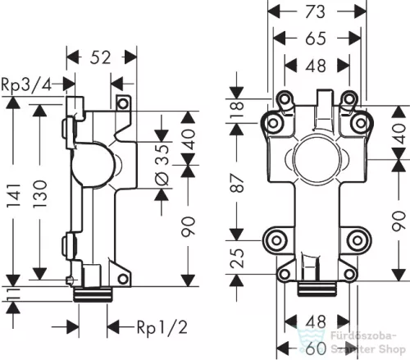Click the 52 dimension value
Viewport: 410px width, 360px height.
point(101,57)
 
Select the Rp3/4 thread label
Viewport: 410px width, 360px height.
point(26,84)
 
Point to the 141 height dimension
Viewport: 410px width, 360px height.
point(14,195)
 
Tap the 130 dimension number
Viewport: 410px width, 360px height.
point(40,194)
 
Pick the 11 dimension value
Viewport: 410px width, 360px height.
point(13,294)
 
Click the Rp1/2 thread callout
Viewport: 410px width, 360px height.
point(162,327)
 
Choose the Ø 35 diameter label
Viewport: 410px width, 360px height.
point(163,165)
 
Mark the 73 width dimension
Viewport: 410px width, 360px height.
point(315,12)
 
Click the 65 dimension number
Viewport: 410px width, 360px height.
point(316,39)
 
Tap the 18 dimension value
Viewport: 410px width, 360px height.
point(237,109)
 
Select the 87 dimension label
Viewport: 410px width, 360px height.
point(237,183)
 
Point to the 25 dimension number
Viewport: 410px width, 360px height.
point(237,257)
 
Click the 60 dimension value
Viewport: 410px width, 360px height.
point(316,349)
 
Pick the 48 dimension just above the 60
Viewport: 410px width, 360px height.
point(316,321)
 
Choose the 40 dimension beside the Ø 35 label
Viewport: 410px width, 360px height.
point(189,139)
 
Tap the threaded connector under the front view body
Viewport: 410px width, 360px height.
point(317,289)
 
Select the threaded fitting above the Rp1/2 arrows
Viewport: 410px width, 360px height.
point(93,294)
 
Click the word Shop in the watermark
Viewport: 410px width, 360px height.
point(392,349)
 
